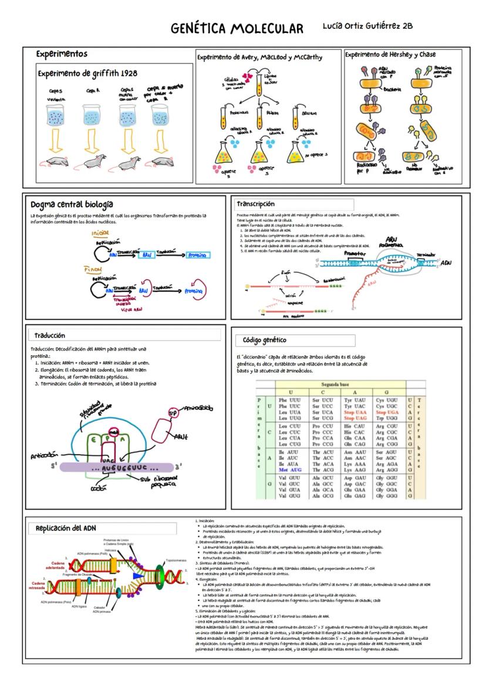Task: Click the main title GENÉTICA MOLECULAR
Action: [237, 29]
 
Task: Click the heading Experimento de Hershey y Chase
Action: [390, 55]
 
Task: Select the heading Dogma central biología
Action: [72, 204]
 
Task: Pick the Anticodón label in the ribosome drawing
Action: [45, 456]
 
